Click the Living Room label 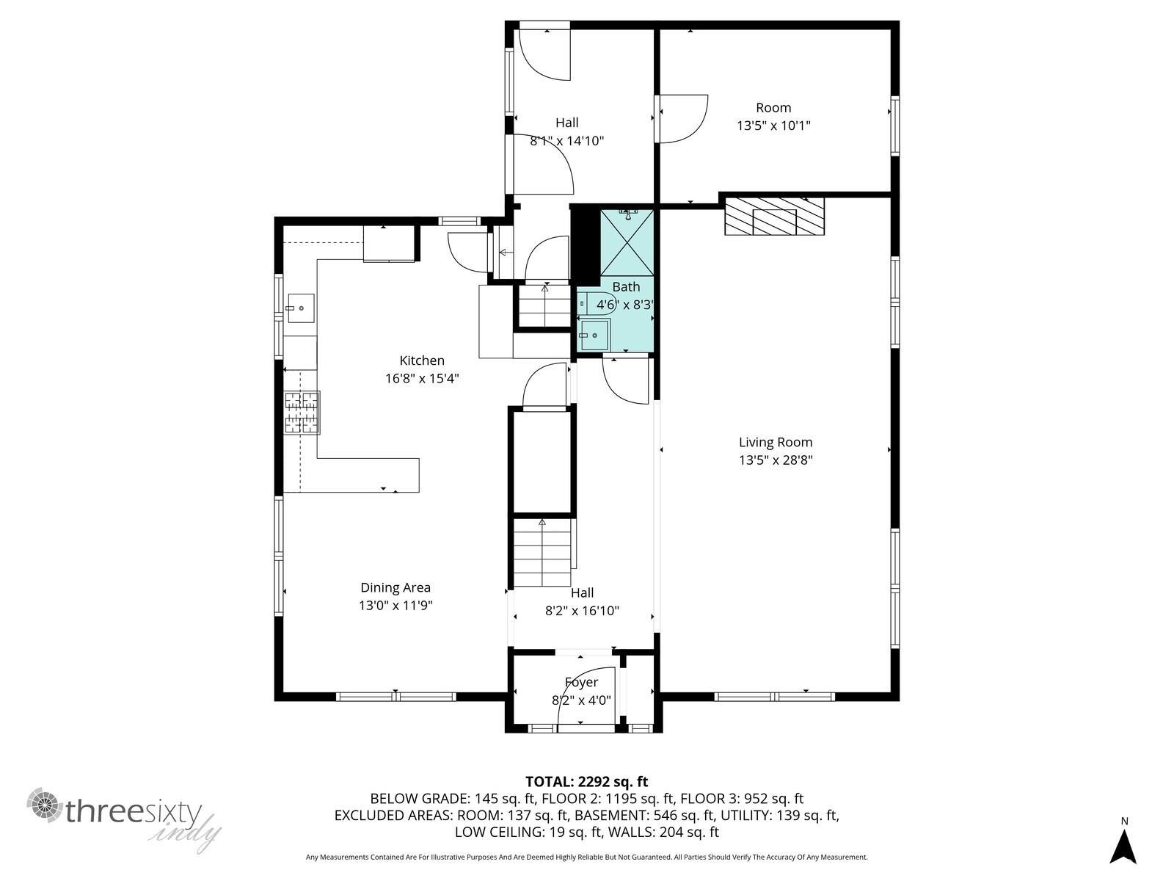tap(775, 443)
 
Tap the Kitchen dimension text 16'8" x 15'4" tap(422, 379)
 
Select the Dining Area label tap(395, 587)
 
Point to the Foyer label tap(581, 683)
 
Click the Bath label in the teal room tap(626, 287)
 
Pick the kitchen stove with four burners tap(302, 413)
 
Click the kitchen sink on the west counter tap(301, 308)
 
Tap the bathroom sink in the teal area tap(594, 335)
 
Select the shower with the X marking tap(627, 242)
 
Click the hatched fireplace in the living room tap(774, 216)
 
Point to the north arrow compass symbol tap(1124, 845)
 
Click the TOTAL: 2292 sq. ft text tap(587, 782)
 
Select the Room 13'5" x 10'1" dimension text tap(773, 126)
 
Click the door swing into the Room tap(684, 119)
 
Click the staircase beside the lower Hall tap(542, 552)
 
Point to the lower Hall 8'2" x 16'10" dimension tap(582, 611)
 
